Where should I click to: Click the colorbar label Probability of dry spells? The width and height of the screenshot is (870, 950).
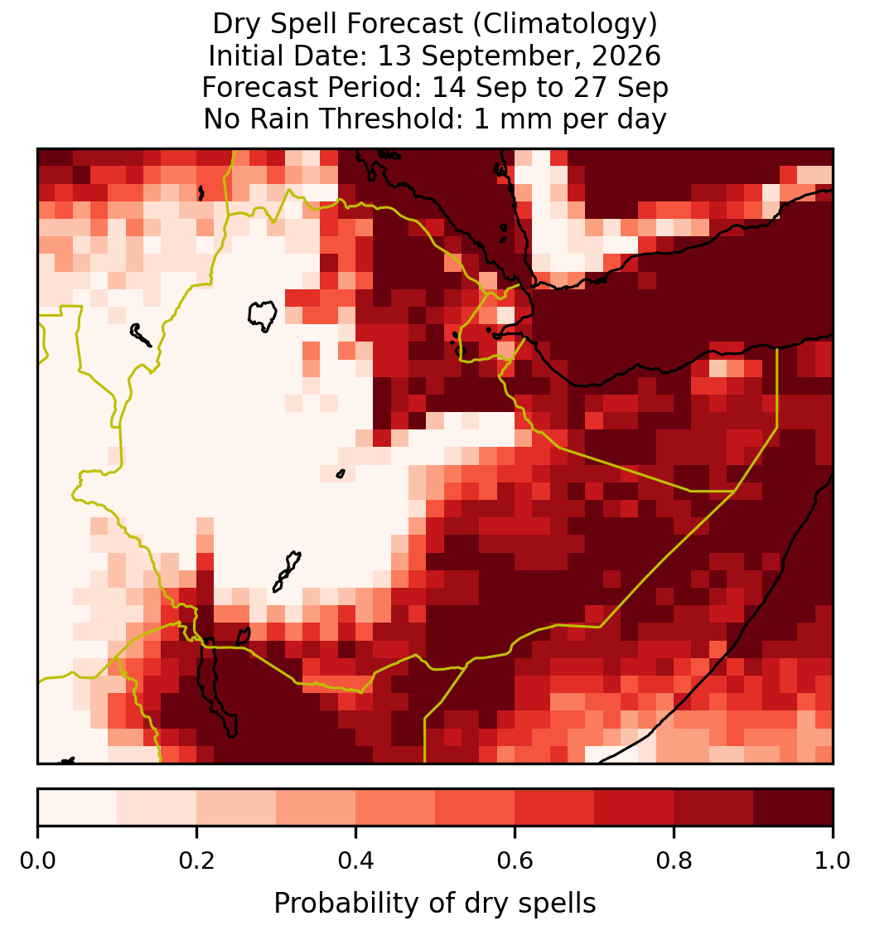[x=435, y=904]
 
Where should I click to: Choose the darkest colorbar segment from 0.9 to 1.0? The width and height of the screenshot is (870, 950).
[x=793, y=807]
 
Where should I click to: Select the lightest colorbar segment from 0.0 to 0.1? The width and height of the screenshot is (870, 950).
[x=78, y=807]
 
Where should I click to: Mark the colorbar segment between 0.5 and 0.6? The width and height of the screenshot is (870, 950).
[x=476, y=807]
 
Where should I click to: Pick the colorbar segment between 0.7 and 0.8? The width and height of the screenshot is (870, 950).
[x=634, y=807]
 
